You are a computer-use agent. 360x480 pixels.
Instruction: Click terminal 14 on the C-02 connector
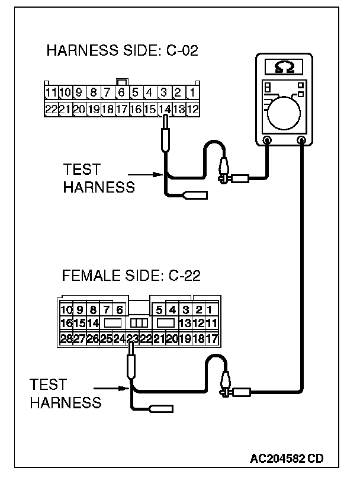pyautogui.click(x=164, y=109)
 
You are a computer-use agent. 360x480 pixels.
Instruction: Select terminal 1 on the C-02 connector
pyautogui.click(x=192, y=93)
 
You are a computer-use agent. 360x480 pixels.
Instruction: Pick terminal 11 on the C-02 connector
pyautogui.click(x=51, y=93)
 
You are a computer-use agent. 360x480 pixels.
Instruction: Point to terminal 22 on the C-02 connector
pyautogui.click(x=51, y=109)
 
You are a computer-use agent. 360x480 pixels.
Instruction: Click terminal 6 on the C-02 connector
pyautogui.click(x=121, y=93)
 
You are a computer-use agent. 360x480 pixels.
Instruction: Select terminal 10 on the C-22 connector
pyautogui.click(x=65, y=310)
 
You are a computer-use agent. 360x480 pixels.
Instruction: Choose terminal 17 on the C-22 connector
pyautogui.click(x=213, y=339)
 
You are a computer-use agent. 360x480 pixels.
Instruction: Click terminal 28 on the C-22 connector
pyautogui.click(x=65, y=339)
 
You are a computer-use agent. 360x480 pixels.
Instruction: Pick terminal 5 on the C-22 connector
pyautogui.click(x=159, y=310)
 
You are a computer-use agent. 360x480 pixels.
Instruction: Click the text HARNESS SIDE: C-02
pyautogui.click(x=122, y=51)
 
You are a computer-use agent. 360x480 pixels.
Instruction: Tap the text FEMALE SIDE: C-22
pyautogui.click(x=131, y=276)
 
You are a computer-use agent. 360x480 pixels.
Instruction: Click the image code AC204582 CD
pyautogui.click(x=287, y=458)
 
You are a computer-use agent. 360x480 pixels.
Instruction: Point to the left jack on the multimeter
pyautogui.click(x=267, y=141)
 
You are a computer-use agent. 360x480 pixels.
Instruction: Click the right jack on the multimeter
pyautogui.click(x=303, y=141)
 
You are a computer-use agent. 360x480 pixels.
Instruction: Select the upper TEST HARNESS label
pyautogui.click(x=98, y=180)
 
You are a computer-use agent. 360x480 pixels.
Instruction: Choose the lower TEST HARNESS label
pyautogui.click(x=65, y=394)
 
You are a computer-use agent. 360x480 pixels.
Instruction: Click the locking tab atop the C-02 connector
pyautogui.click(x=121, y=81)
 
